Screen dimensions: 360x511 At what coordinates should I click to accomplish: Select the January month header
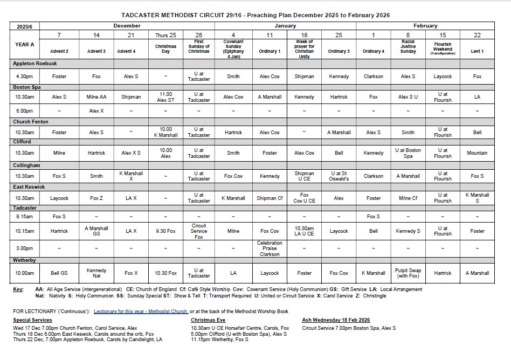[x=285, y=25]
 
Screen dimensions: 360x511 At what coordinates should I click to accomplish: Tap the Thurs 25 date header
[x=165, y=34]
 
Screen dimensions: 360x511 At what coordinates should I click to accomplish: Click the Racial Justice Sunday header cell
[x=408, y=45]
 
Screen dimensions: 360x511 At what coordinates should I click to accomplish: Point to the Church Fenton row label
[x=31, y=122]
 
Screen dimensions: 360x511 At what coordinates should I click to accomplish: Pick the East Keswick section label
[x=29, y=186]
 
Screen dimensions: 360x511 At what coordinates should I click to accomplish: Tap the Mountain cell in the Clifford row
[x=477, y=153]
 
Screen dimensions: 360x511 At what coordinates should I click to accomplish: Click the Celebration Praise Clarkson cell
[x=270, y=248]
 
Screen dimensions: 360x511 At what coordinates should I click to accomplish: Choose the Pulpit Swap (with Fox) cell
[x=408, y=273]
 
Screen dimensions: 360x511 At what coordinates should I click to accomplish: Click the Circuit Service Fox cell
[x=199, y=231]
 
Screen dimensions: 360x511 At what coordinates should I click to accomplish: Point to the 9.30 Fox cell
[x=165, y=231]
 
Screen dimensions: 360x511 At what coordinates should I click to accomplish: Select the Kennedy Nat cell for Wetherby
[x=96, y=273]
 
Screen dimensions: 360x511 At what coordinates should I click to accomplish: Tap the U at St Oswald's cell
[x=339, y=176]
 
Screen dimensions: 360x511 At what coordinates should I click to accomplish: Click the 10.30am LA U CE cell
[x=304, y=231]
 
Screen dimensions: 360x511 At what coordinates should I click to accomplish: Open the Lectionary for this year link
[x=141, y=311]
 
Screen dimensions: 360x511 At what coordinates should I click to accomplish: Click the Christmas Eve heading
[x=208, y=320]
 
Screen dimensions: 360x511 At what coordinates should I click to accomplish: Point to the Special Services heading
[x=32, y=320]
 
